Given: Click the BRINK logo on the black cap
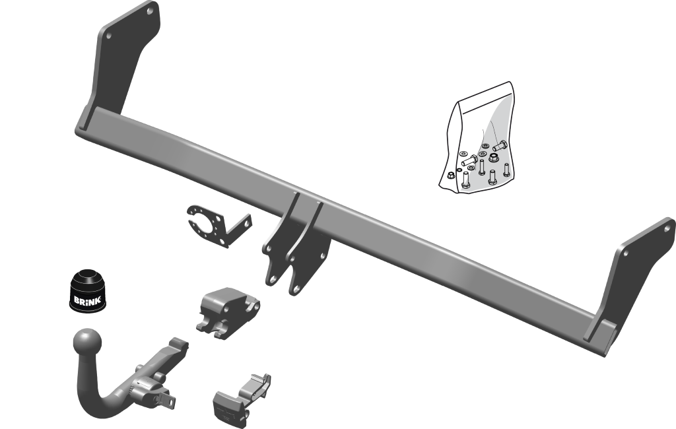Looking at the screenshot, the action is coord(87,300).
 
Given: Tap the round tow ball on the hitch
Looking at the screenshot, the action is coord(88,343).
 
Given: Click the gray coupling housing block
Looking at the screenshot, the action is coord(228,313).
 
